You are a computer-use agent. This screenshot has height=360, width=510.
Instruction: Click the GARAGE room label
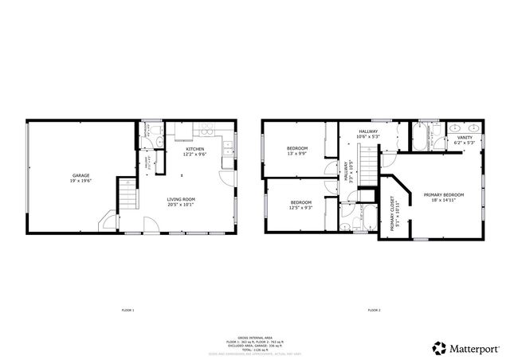80,175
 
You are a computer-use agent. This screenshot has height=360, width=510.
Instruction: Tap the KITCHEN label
194,149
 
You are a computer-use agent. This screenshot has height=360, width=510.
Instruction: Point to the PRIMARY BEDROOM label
444,195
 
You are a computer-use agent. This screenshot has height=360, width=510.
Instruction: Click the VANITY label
464,138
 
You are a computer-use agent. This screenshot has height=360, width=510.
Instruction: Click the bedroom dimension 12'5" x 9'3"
301,208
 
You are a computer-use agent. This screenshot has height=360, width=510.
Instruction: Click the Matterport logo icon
439,346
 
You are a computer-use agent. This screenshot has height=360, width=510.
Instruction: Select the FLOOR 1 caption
127,309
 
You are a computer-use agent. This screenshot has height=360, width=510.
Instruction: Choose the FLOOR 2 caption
374,309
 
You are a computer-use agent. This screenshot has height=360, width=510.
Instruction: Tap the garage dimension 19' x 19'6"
80,181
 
